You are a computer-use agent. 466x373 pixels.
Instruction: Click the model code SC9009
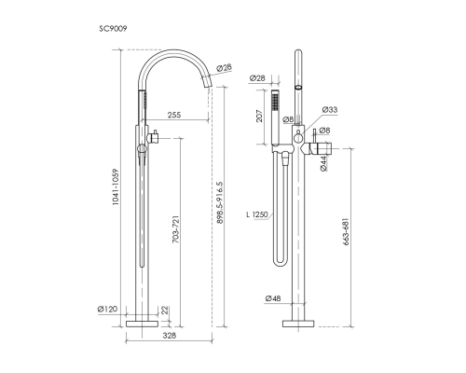coord(113,29)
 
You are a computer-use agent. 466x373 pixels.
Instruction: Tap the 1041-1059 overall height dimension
coord(116,186)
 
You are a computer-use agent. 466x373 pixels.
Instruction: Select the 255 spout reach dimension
coord(174,115)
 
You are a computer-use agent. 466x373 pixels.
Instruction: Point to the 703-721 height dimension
coord(176,228)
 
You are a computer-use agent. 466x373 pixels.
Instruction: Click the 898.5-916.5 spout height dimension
coord(220,202)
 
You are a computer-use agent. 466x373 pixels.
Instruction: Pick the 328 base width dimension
coord(170,336)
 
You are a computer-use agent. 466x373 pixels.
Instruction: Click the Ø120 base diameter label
coord(107,309)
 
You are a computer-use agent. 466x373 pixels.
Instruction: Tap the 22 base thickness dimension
coord(165,310)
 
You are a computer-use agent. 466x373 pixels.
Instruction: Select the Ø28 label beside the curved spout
coord(225,67)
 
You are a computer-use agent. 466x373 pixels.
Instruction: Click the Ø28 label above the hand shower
coord(257,78)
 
